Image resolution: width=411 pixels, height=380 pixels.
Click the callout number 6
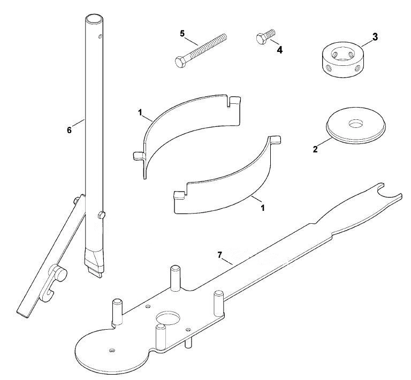click(69, 130)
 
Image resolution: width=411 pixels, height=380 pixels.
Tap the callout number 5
click(182, 34)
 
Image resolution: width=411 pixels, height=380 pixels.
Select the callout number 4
click(280, 50)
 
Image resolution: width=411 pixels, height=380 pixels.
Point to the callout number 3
click(375, 37)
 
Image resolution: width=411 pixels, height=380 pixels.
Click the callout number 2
click(315, 149)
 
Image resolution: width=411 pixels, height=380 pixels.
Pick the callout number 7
click(219, 254)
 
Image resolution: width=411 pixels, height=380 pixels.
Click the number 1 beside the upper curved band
click(140, 113)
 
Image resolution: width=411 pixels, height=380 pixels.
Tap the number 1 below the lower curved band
click(262, 208)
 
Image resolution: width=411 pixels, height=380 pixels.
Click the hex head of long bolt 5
click(180, 62)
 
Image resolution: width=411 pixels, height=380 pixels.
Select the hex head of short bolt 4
click(260, 39)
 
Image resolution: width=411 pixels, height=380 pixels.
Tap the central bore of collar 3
click(342, 54)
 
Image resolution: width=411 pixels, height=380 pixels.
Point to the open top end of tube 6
click(94, 19)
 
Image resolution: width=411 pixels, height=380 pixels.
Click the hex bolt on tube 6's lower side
click(102, 215)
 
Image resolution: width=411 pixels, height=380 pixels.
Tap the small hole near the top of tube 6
click(100, 36)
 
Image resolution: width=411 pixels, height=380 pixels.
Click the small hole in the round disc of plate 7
click(112, 350)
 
